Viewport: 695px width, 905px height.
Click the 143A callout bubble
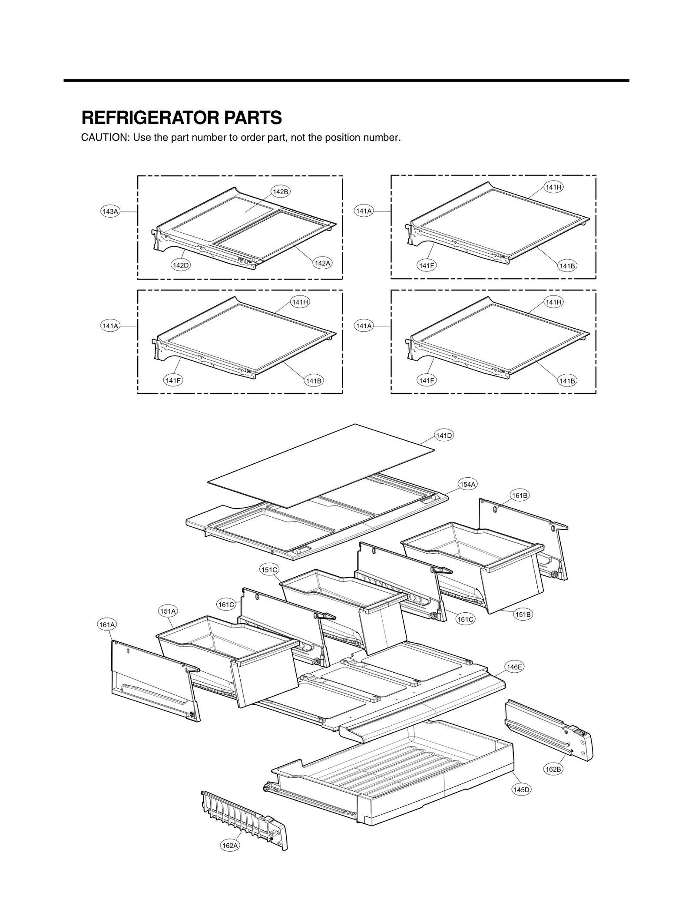(110, 211)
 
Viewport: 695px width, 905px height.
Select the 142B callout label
(280, 192)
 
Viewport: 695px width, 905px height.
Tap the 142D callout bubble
(181, 264)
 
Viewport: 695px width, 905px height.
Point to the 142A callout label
(322, 263)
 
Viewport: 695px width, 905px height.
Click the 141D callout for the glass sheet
(444, 436)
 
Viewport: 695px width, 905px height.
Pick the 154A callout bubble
(467, 484)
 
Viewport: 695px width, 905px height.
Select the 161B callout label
(520, 495)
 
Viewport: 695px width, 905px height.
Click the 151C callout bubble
(269, 570)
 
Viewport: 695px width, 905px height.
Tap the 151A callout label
(168, 611)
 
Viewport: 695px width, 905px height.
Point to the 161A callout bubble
(107, 625)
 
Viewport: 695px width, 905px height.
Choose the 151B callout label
(523, 614)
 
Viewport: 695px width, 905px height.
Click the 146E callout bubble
(514, 667)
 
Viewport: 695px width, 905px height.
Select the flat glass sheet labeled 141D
(321, 465)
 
